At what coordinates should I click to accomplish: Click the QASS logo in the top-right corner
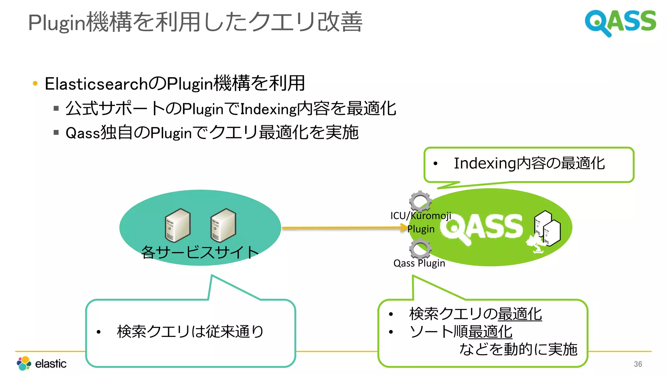pyautogui.click(x=620, y=22)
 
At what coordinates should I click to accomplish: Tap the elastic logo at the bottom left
pyautogui.click(x=42, y=363)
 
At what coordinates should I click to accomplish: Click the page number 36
pyautogui.click(x=638, y=364)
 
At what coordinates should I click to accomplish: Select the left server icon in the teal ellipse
pyautogui.click(x=177, y=225)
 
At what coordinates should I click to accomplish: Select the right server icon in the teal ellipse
pyautogui.click(x=223, y=225)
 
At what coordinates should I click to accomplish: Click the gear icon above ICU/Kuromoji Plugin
pyautogui.click(x=420, y=201)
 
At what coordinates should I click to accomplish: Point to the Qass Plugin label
pyautogui.click(x=419, y=263)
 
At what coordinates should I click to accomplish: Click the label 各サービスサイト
pyautogui.click(x=200, y=252)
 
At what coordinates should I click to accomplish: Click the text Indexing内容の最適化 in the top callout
pyautogui.click(x=529, y=163)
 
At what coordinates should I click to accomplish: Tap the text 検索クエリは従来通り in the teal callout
pyautogui.click(x=190, y=332)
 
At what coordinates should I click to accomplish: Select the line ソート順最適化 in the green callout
pyautogui.click(x=461, y=332)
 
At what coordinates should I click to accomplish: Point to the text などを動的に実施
pyautogui.click(x=518, y=349)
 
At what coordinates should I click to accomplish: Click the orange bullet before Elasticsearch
pyautogui.click(x=35, y=84)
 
